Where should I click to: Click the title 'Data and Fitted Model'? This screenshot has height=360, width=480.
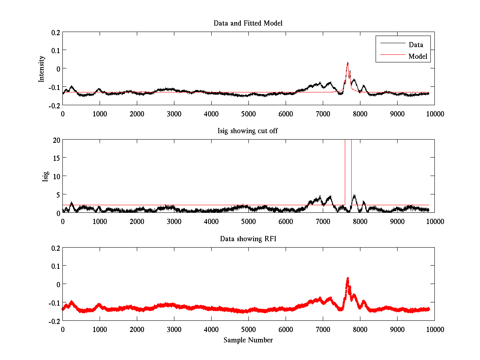coord(248,23)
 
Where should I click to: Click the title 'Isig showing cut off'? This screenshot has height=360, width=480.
coord(248,131)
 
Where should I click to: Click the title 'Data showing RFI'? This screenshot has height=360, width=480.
coord(248,239)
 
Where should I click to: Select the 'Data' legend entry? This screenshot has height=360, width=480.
coord(416,45)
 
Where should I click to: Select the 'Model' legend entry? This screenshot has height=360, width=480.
coord(418,56)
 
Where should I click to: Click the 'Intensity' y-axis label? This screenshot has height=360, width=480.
coord(42,69)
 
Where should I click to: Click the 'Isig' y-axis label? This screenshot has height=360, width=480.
coord(45,176)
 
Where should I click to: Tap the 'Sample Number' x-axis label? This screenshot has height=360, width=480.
coord(248,340)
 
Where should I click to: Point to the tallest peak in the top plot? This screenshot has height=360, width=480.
coord(348,62)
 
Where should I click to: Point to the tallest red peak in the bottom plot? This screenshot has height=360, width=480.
coord(348,278)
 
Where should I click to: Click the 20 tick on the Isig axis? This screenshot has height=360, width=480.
coord(56,140)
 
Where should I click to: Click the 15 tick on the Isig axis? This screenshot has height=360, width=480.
coord(56,158)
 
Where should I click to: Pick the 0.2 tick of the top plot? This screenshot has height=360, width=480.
coord(55,32)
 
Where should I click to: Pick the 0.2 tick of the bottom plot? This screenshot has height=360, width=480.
coord(55,248)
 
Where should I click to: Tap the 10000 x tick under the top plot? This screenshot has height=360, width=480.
coord(434,114)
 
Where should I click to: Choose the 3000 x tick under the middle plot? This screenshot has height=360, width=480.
coord(174,221)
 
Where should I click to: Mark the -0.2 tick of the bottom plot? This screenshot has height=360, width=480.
coord(54,321)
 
